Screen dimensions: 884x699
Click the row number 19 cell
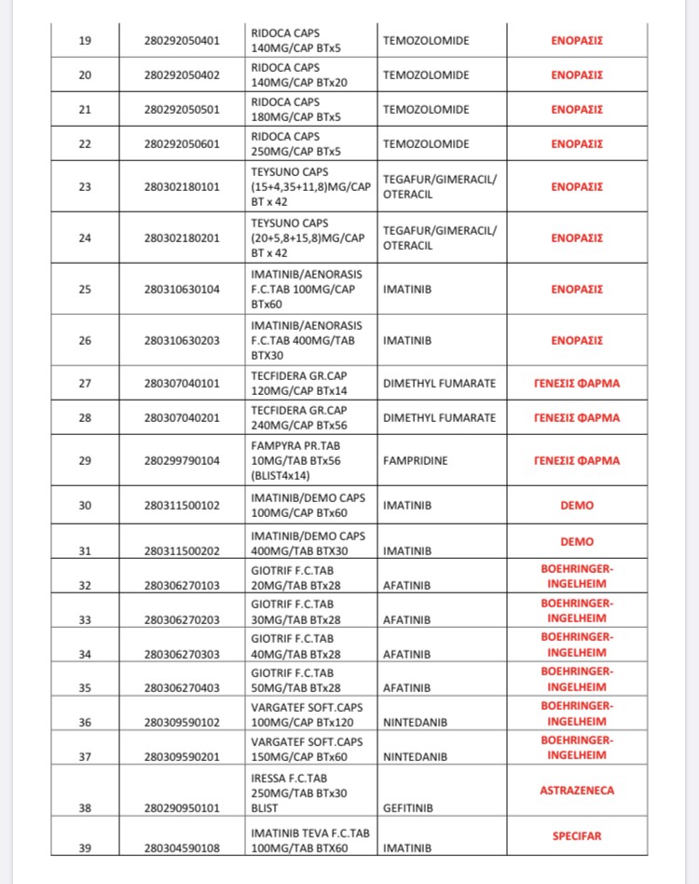point(85,41)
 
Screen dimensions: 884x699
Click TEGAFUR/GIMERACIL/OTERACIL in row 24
point(440,238)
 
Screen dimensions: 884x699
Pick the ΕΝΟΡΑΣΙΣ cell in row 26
point(577,340)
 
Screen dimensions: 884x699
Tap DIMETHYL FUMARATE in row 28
point(439,418)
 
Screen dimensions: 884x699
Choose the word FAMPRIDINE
point(416,461)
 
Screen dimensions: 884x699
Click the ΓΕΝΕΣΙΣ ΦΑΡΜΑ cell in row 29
point(577,460)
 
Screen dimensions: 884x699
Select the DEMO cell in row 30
point(577,505)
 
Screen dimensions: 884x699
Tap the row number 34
point(85,654)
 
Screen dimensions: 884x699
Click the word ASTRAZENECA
point(577,791)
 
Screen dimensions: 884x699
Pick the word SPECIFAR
point(577,836)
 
